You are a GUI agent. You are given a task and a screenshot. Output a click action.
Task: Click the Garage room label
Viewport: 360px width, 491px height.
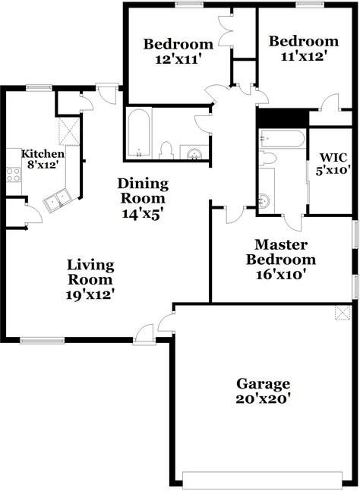coord(263,383)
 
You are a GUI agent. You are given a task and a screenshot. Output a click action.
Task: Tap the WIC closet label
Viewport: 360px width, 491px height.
coord(332,158)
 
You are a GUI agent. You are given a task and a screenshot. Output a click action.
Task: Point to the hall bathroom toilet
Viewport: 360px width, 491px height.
coord(168,149)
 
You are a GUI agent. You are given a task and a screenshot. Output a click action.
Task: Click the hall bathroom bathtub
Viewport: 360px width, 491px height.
coord(139,134)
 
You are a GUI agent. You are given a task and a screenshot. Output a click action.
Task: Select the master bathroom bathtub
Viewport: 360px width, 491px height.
coord(280,139)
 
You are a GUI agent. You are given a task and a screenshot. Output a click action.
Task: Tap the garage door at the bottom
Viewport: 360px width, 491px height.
coord(263,479)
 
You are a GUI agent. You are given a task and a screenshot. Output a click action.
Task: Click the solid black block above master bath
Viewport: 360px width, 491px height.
coord(281,118)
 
